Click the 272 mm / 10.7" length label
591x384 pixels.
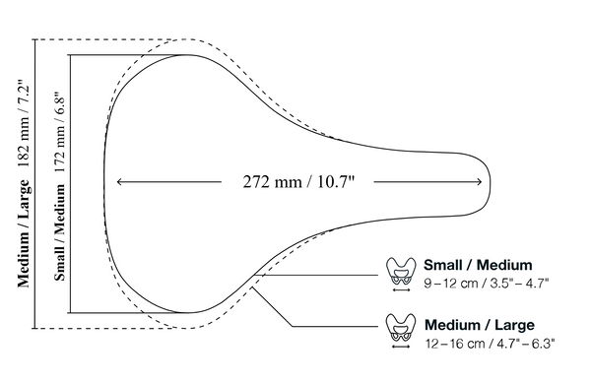(298, 182)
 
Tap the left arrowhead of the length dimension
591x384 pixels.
(119, 182)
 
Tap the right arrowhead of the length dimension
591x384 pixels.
(479, 182)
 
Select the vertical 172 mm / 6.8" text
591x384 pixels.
(60, 132)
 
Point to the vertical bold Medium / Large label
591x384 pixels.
(24, 233)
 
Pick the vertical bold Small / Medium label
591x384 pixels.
(60, 232)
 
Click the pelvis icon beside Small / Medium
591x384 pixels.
(401, 272)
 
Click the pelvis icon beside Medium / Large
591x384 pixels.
(401, 328)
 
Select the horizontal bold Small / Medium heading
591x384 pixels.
(478, 265)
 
